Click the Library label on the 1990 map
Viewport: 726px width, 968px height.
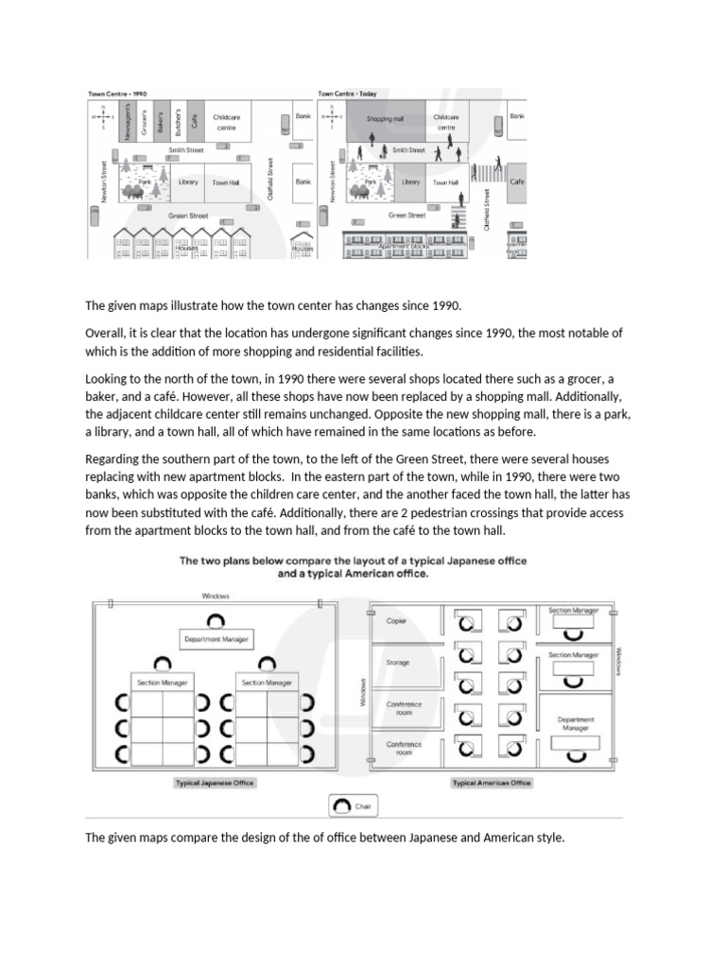click(x=188, y=182)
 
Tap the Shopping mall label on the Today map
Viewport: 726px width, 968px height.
click(x=385, y=119)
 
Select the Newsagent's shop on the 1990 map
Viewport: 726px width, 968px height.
click(x=129, y=121)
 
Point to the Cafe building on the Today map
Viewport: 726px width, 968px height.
click(x=517, y=181)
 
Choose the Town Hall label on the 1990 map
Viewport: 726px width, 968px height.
click(x=226, y=182)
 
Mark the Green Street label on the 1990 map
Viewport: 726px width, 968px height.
click(x=188, y=216)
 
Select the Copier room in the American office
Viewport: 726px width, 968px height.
click(x=396, y=621)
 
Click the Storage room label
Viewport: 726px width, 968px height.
click(x=398, y=663)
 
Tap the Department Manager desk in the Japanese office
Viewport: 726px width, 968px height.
click(x=216, y=640)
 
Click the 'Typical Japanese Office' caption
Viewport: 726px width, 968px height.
click(x=215, y=783)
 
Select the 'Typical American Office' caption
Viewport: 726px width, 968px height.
click(x=492, y=783)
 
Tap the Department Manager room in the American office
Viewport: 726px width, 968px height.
click(x=576, y=724)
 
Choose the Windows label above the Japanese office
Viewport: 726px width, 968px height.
click(x=216, y=596)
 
